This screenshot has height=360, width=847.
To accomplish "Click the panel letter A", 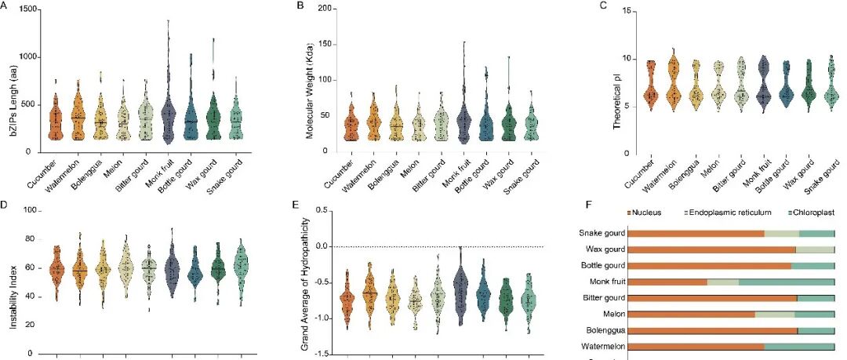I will tap(5, 6).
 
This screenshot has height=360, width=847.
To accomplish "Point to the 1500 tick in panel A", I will tap(31, 9).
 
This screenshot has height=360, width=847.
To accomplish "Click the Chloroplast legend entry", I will tap(808, 212).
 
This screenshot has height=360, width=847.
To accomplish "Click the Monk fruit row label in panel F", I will tap(602, 282).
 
